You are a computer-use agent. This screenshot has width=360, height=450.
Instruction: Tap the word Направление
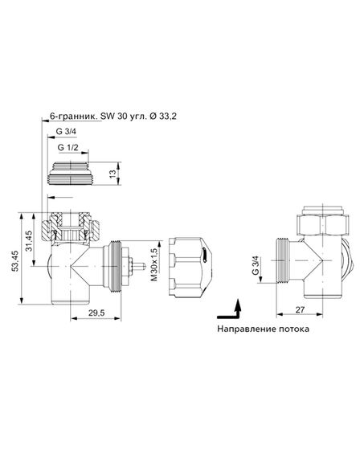[x=247, y=329]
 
